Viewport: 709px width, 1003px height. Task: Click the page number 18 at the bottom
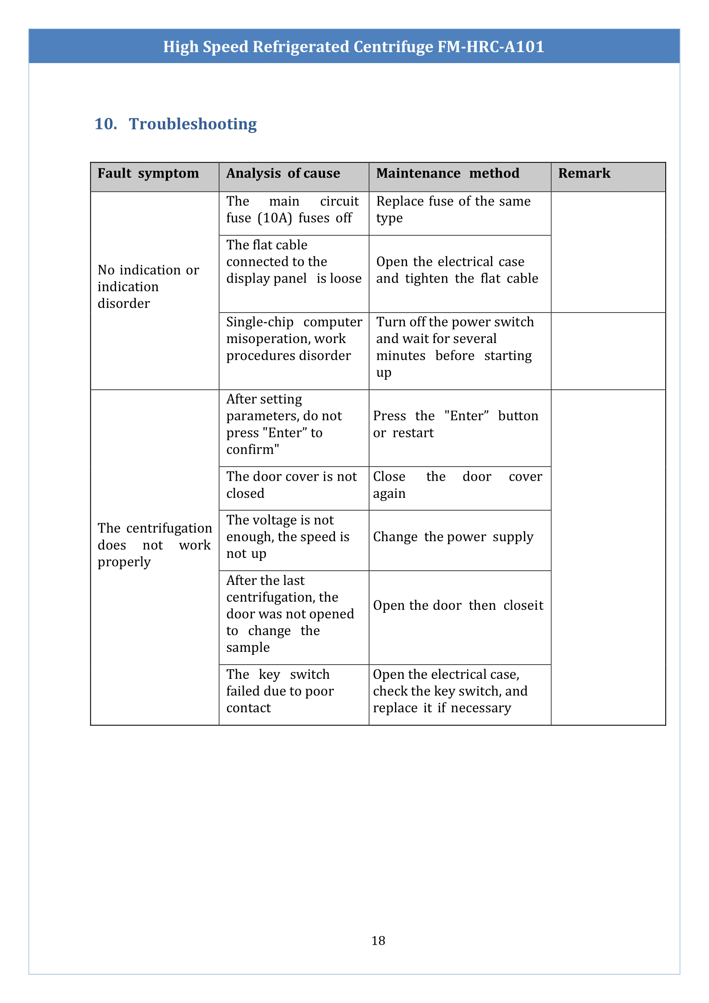[x=378, y=940]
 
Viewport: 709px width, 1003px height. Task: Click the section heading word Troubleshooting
[x=192, y=124]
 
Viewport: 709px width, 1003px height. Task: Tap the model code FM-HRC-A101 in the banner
[x=491, y=47]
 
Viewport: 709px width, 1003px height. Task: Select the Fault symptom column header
[x=148, y=174]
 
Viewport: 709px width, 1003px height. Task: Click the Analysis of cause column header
[x=283, y=174]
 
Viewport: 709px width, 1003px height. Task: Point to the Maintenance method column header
[x=448, y=174]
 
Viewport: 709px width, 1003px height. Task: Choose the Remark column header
[x=584, y=174]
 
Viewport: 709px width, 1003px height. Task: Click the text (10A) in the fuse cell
[x=275, y=218]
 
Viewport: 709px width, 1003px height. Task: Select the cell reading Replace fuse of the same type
[x=453, y=209]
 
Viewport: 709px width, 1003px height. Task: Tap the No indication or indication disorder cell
[x=148, y=287]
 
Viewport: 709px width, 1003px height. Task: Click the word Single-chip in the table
[x=260, y=322]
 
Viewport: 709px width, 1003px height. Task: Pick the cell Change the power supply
[x=453, y=537]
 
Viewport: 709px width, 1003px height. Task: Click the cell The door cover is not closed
[x=291, y=485]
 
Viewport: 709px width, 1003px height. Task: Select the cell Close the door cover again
[x=457, y=485]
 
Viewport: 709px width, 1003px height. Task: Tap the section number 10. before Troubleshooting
[x=106, y=124]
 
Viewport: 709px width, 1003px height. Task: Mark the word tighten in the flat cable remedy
[x=427, y=278]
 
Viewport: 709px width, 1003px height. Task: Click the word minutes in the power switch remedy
[x=401, y=356]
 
